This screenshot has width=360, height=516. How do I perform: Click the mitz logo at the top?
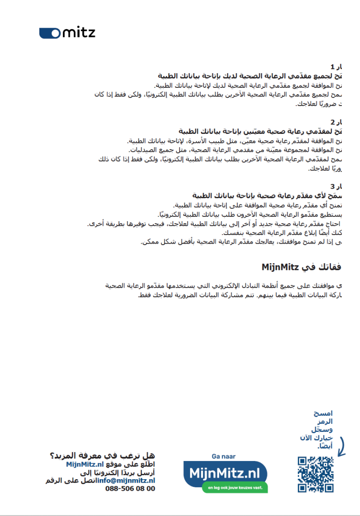point(67,32)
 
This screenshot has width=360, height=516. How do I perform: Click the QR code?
point(316,474)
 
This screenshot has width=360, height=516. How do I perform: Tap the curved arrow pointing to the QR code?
point(341,445)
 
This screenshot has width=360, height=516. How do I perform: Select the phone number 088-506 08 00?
point(130,489)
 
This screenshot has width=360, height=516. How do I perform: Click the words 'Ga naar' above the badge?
point(223,456)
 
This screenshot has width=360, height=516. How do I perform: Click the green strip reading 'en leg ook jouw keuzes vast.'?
point(234,488)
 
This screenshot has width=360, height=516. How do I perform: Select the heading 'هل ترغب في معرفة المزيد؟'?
point(102,455)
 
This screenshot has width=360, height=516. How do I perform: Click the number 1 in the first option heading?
point(332,67)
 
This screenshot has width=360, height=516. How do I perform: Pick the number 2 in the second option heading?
point(332,122)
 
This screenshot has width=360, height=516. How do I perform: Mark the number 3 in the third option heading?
point(332,186)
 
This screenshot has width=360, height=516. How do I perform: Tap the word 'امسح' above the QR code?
point(323,413)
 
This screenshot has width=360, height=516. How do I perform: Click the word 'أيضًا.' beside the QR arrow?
point(325,446)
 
